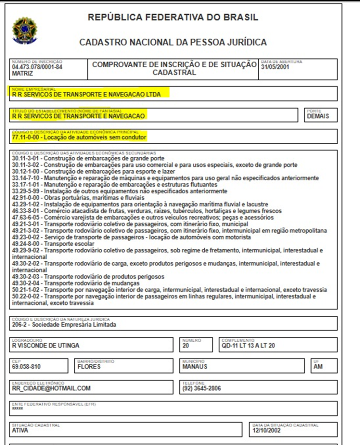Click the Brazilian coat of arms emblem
point(25,31)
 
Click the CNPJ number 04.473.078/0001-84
point(37,67)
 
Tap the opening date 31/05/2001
point(275,67)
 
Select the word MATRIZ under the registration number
point(23,73)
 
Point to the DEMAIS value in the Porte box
point(318,116)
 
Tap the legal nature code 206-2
point(20,324)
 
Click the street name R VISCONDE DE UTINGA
point(46,346)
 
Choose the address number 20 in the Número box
point(186,346)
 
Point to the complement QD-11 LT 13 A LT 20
point(248,346)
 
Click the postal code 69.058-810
point(27,366)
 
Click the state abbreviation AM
point(318,366)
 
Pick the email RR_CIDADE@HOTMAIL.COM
point(51,388)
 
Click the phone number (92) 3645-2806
point(202,388)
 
